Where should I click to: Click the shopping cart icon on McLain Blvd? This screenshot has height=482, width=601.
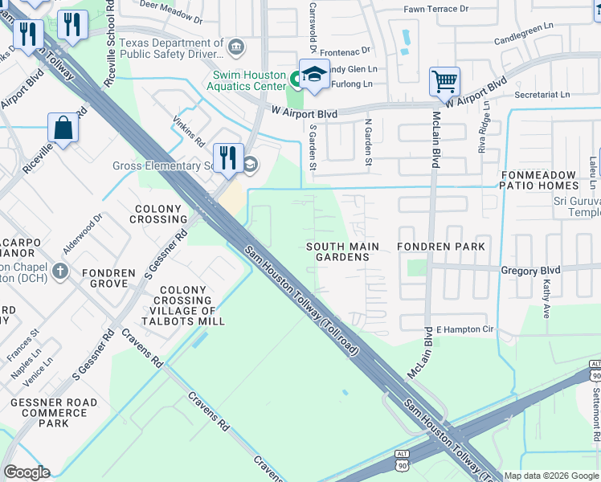tap(444, 81)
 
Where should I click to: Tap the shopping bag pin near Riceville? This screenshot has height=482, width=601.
tap(63, 128)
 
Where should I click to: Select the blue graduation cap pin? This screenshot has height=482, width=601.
tap(313, 73)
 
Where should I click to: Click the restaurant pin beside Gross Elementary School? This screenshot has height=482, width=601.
tap(228, 157)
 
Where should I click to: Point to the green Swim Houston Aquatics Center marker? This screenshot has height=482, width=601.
tap(295, 79)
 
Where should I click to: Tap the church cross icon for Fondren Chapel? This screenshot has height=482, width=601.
tap(59, 271)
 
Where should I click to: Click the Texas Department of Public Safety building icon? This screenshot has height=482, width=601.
tap(235, 46)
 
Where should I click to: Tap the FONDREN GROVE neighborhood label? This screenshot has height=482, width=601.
tap(107, 279)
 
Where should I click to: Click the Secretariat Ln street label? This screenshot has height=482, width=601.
tap(542, 94)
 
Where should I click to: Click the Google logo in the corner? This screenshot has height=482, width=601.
tap(27, 472)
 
